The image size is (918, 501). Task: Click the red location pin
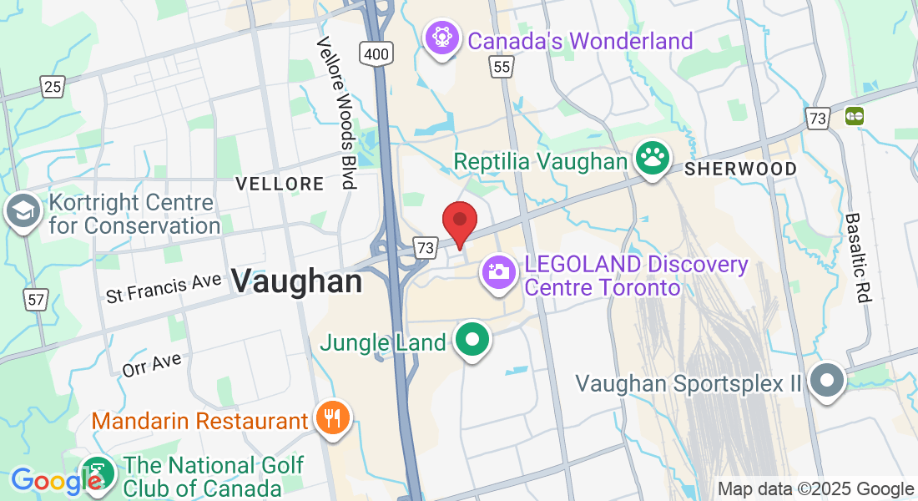pos(459,222)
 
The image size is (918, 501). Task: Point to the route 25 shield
pos(53,85)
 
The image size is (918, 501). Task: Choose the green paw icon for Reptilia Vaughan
pos(652,157)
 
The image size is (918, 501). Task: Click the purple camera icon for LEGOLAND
pos(498,272)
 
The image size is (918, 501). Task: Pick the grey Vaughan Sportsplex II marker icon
pos(827,381)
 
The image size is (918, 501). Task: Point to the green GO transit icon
pos(854,116)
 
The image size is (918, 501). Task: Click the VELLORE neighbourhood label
pos(279,184)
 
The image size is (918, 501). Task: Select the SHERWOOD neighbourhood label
pos(740,169)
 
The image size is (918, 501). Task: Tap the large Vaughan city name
pos(296,281)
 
